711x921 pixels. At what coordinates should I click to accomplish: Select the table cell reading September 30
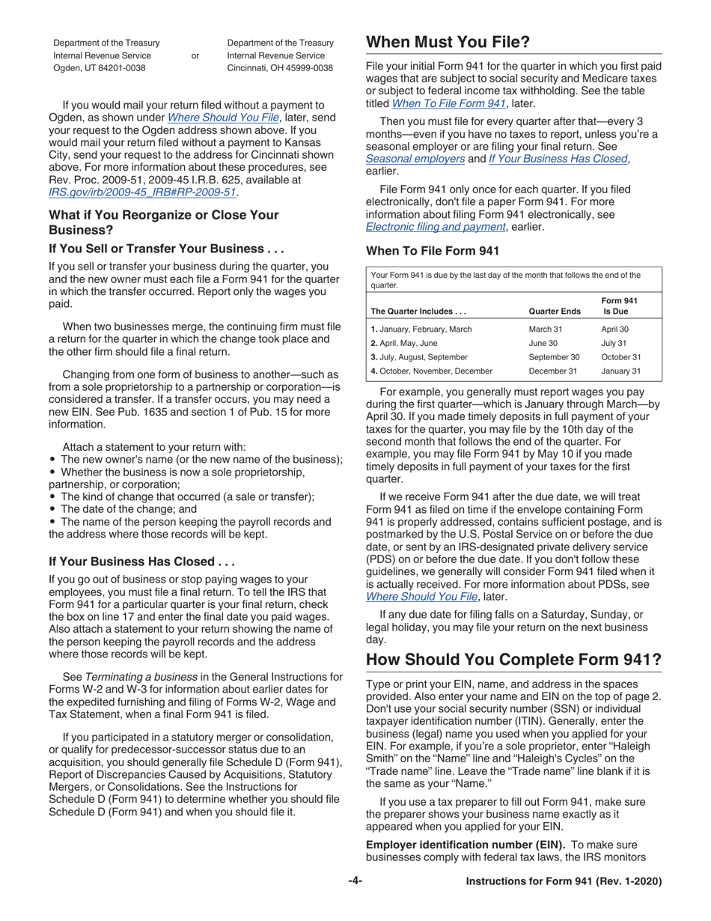[554, 357]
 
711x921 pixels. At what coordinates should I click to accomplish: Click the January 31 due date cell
[621, 371]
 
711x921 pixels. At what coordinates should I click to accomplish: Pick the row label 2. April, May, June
[404, 343]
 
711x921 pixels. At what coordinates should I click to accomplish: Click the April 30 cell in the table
[614, 329]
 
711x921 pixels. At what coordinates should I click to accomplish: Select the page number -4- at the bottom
[355, 881]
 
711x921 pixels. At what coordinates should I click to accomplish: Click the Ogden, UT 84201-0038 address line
[100, 67]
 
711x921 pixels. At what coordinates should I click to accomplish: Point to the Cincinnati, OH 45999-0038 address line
[279, 67]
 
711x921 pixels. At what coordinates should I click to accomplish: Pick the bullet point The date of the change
[127, 508]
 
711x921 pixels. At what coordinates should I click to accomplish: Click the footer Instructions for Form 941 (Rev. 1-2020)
[563, 881]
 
